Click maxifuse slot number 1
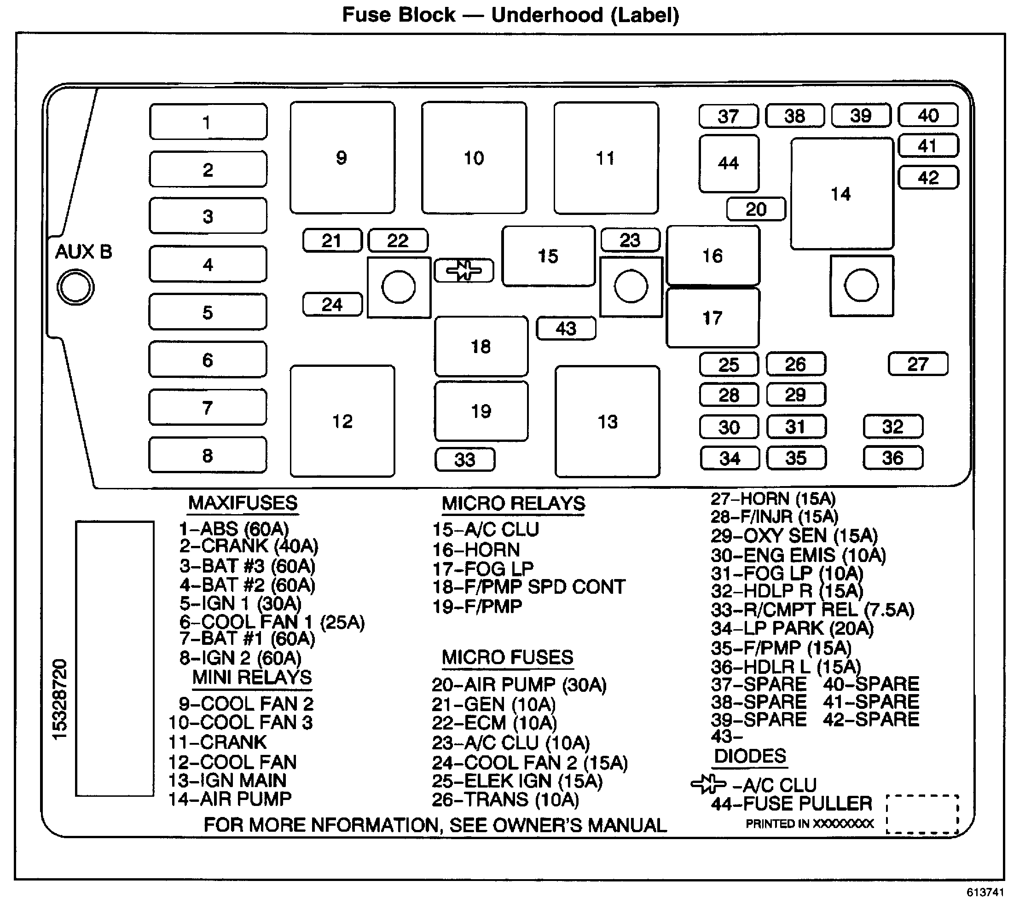click(x=208, y=122)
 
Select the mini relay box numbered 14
click(x=841, y=194)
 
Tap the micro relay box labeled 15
click(x=548, y=256)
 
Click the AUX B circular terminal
click(x=75, y=287)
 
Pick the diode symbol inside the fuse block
click(x=463, y=270)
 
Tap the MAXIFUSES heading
click(x=243, y=504)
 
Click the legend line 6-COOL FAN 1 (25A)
click(x=272, y=622)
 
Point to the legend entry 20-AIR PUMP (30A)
click(x=519, y=685)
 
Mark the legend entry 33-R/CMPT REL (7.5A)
click(x=812, y=610)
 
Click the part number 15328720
click(x=59, y=699)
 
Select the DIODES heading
click(x=750, y=756)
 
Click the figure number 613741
click(x=985, y=892)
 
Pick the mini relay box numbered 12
click(x=342, y=421)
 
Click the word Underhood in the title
click(x=547, y=15)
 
